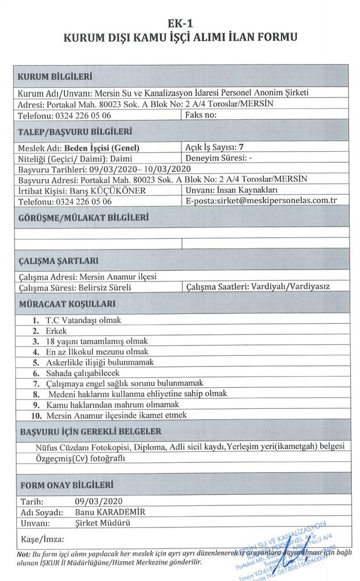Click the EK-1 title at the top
tap(180, 23)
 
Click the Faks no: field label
tap(201, 115)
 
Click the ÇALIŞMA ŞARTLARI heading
tap(58, 261)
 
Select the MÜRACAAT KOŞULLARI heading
tap(67, 304)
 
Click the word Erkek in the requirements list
tap(57, 330)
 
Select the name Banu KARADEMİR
tap(109, 512)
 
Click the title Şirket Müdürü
tap(102, 523)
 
